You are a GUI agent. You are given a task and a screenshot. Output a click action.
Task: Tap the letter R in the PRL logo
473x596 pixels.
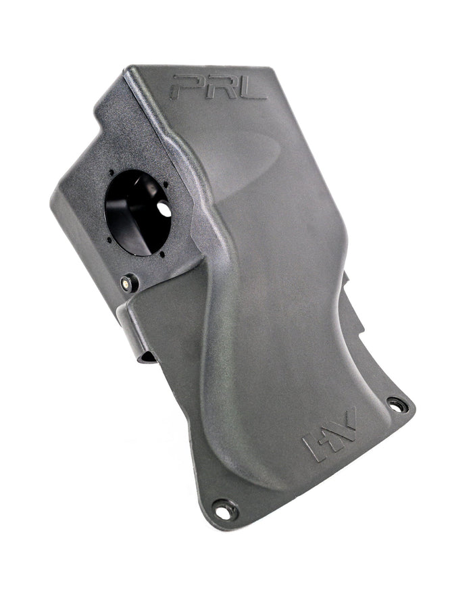coord(218,87)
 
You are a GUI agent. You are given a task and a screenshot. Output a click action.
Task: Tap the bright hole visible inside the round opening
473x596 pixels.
coord(164,209)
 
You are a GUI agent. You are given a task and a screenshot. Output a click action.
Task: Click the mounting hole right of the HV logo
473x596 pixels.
coord(397,405)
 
